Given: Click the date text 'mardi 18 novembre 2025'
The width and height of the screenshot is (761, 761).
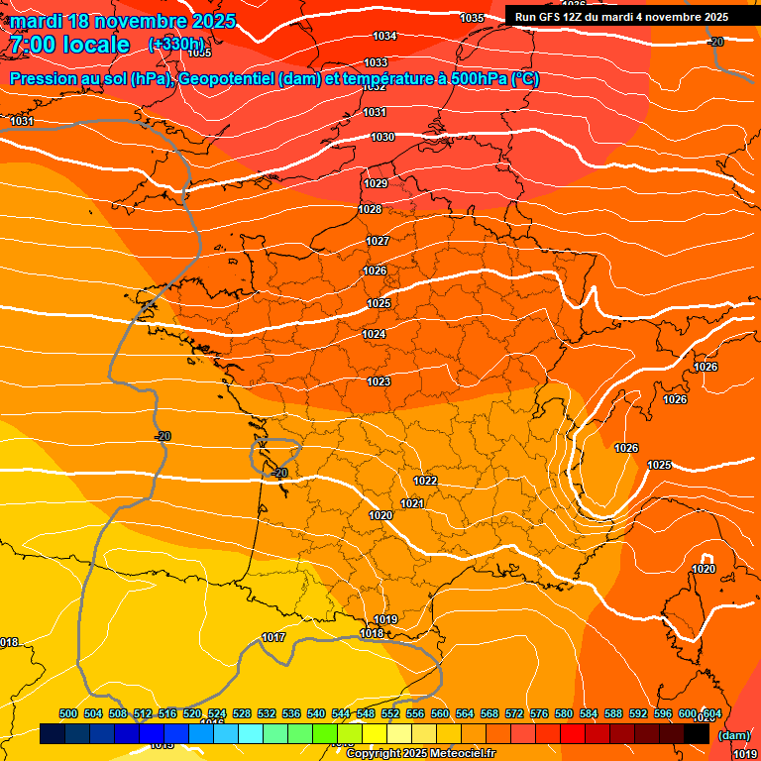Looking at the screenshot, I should tap(123, 21).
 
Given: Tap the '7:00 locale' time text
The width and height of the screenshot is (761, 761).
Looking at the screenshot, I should tap(69, 45).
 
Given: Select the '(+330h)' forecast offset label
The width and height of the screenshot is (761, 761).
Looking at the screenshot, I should tap(176, 45).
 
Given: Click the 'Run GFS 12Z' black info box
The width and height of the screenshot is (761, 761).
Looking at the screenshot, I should tap(621, 16).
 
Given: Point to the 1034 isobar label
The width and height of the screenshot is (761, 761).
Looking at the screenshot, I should tap(384, 36).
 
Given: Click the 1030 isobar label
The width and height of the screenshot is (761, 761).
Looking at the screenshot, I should tap(382, 137).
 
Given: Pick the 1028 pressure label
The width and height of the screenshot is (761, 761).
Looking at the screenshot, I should tap(371, 209).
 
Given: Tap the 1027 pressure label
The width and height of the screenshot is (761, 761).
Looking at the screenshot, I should tap(378, 241).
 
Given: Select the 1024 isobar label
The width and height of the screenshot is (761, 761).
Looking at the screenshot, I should tap(374, 334).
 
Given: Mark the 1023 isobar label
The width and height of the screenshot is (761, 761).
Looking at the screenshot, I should tap(379, 381).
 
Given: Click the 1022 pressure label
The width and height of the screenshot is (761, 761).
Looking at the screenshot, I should tap(425, 481).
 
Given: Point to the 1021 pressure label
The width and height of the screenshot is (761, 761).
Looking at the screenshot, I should tap(412, 503).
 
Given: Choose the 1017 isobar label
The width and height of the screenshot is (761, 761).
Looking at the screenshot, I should tap(273, 637).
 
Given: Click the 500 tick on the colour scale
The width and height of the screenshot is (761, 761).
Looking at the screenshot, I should tap(68, 713).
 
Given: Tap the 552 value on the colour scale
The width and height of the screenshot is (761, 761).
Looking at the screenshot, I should tap(390, 713).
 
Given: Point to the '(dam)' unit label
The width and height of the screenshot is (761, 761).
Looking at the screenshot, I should tap(733, 735).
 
